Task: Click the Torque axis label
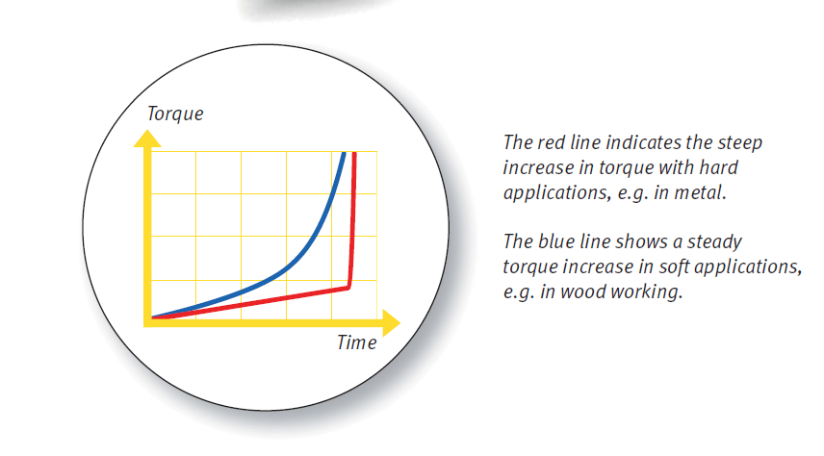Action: [x=175, y=114]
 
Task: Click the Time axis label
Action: [x=357, y=342]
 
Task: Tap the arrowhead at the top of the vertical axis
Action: [x=147, y=139]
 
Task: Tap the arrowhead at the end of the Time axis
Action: [x=391, y=323]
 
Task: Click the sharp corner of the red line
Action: [x=349, y=288]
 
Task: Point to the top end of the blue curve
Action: [x=345, y=153]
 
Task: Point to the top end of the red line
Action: [x=354, y=153]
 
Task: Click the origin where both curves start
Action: [x=152, y=317]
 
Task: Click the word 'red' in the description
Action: [x=552, y=142]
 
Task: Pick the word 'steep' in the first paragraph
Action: [x=740, y=143]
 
